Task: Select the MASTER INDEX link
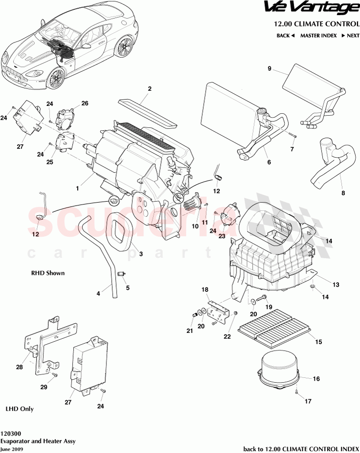coord(318,36)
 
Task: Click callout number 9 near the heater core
coord(269,69)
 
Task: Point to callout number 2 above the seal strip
coord(149,89)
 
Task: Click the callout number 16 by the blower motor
coord(316,378)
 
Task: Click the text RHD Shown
coord(48,273)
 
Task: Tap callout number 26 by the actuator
coord(85,103)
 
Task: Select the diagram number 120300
coord(11,432)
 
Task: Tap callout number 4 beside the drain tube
coord(98,293)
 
